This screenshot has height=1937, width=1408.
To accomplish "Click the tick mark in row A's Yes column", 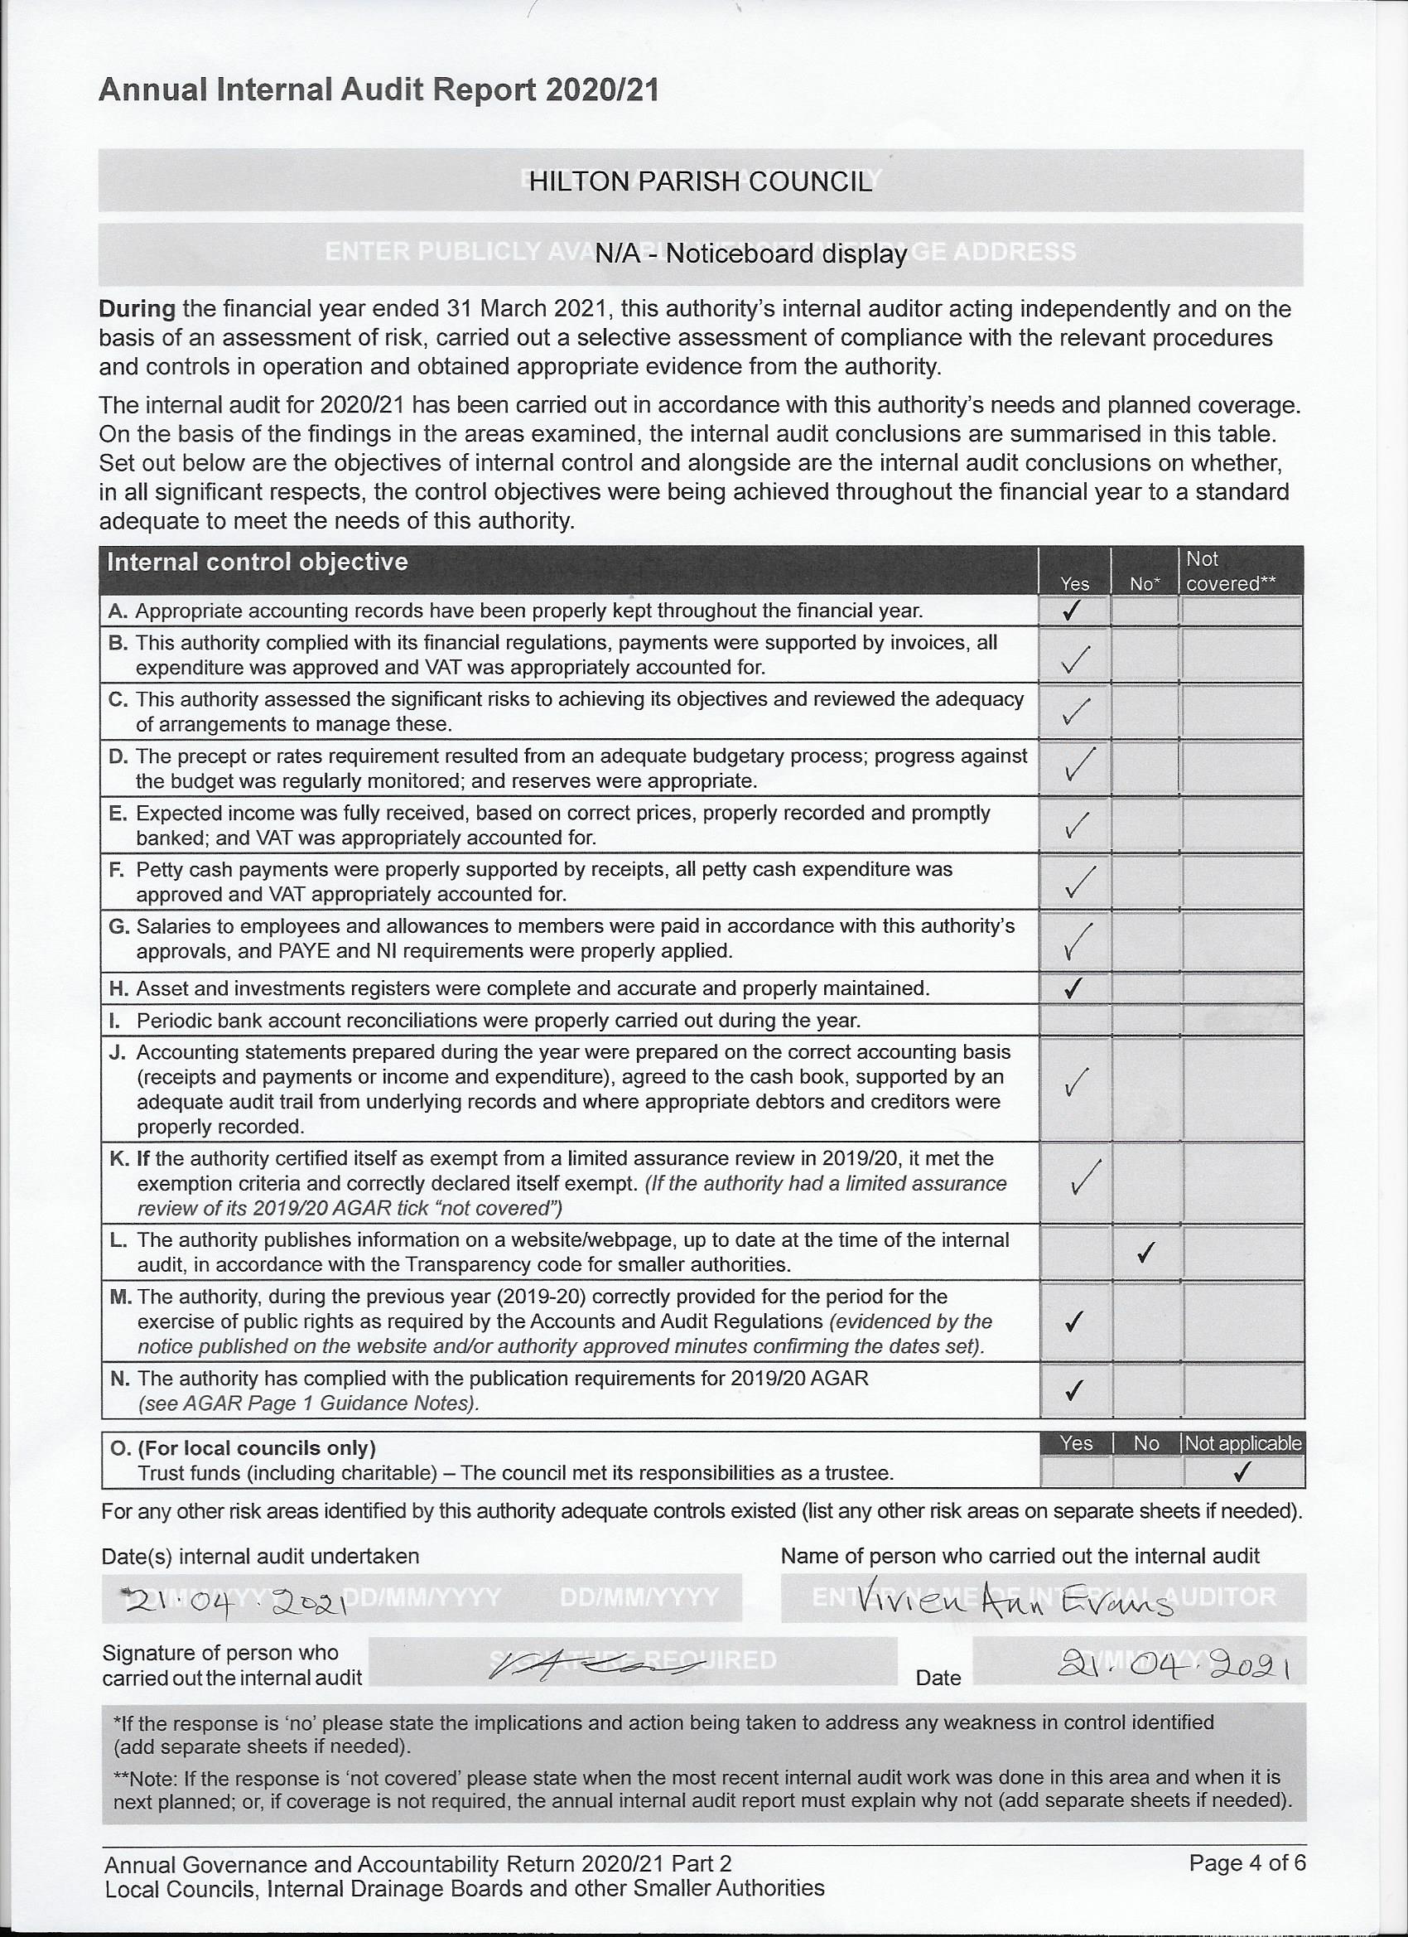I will pyautogui.click(x=1073, y=610).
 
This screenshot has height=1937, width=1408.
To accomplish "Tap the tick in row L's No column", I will pyautogui.click(x=1146, y=1252).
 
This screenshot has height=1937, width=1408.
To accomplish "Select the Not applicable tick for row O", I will pyautogui.click(x=1243, y=1471).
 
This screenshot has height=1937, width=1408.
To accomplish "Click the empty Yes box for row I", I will pyautogui.click(x=1074, y=1020).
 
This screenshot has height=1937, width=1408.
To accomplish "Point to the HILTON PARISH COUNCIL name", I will pyautogui.click(x=700, y=181).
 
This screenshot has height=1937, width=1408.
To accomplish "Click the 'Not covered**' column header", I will pyautogui.click(x=1230, y=571).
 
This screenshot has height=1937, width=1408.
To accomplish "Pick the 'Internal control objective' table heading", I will pyautogui.click(x=257, y=562).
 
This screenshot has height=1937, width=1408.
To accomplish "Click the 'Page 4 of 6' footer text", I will pyautogui.click(x=1246, y=1862).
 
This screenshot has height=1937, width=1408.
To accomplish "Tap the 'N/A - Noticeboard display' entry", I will pyautogui.click(x=750, y=254).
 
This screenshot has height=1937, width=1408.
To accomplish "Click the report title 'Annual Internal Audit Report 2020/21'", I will pyautogui.click(x=379, y=89).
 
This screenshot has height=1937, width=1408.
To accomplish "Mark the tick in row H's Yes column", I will pyautogui.click(x=1073, y=988).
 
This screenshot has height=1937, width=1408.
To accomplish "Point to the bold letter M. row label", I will pyautogui.click(x=120, y=1297).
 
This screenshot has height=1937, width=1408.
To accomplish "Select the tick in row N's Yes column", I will pyautogui.click(x=1074, y=1390).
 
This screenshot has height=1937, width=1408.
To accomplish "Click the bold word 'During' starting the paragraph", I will pyautogui.click(x=137, y=309).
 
